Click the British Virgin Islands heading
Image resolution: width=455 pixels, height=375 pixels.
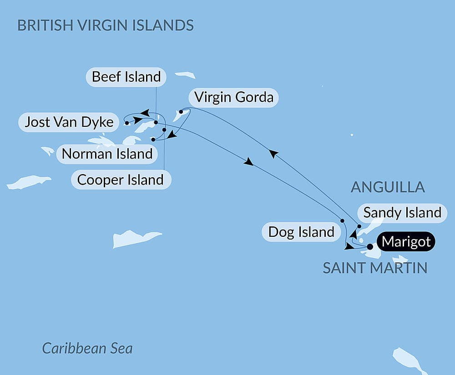coord(105,25)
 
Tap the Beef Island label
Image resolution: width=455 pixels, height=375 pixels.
coord(126,77)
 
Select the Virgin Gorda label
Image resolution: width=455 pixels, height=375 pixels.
coord(233,97)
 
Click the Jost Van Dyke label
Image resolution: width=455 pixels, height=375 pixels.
coord(69,122)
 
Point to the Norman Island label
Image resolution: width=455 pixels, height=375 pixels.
coord(107,154)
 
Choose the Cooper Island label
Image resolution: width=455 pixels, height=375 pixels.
coord(120,180)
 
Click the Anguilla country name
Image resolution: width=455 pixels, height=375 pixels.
coord(388,187)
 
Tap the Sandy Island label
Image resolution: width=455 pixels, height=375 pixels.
coord(402,212)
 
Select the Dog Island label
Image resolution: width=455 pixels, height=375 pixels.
coord(301,232)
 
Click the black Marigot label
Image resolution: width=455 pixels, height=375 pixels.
coord(406,242)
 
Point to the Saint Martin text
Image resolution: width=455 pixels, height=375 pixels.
coord(375,268)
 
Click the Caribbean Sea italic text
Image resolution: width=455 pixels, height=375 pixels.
coord(87,348)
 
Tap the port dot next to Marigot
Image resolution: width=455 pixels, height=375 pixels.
coord(370,247)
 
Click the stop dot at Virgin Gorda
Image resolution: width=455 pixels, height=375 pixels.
coord(181,111)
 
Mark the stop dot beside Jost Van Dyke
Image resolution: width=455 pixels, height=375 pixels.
coord(127,123)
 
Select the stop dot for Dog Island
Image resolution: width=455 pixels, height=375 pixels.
coord(342,220)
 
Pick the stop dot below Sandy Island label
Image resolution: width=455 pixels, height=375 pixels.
coord(359,226)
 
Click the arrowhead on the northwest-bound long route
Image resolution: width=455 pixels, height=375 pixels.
coord(272,155)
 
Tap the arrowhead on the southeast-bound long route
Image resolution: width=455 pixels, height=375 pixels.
coord(248,162)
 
